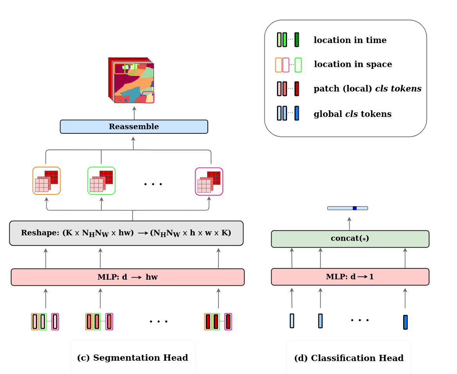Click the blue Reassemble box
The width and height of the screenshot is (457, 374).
coord(134,127)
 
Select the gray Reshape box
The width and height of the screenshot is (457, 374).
coord(126,233)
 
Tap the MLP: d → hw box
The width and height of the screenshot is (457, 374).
coord(128,277)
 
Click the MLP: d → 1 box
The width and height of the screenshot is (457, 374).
coord(350,277)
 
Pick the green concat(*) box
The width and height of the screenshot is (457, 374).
coord(350,239)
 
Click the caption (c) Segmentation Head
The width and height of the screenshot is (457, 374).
coord(132,358)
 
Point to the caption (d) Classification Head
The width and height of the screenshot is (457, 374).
coord(349,358)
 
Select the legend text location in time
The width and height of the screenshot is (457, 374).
coord(350,40)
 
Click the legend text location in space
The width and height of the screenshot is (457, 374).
coord(353,65)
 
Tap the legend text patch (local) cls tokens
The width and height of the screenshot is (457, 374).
coord(367,89)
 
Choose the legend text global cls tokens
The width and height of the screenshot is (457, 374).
coord(352,114)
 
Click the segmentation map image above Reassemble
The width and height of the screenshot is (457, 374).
coord(132,81)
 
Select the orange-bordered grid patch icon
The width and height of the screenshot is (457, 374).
coord(46,181)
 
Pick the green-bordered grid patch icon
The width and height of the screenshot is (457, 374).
coord(101,181)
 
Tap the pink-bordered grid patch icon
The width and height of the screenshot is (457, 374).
coord(209,182)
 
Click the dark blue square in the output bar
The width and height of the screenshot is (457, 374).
coord(355,208)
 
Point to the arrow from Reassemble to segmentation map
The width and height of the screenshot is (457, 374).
coord(134,113)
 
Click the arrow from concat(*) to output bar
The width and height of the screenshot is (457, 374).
coord(349,224)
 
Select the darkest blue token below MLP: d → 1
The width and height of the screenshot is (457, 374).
coord(405,322)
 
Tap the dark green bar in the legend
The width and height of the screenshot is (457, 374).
coord(297,40)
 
